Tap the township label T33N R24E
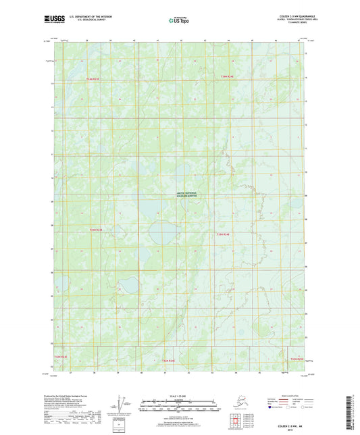click(x=223, y=234)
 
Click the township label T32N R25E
click(x=297, y=359)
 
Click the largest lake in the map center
click(x=165, y=234)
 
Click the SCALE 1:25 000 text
click(x=179, y=394)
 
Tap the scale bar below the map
click(x=179, y=407)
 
